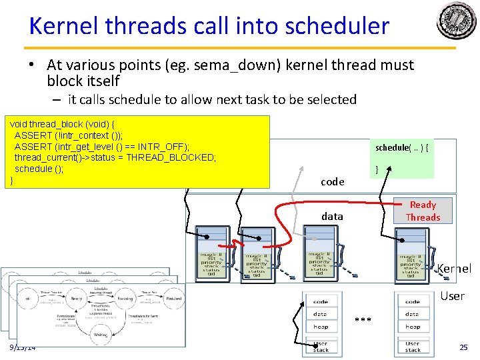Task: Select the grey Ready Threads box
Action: tap(423, 211)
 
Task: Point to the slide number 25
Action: tap(463, 347)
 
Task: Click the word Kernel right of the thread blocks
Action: tap(454, 269)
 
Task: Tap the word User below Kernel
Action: tap(452, 296)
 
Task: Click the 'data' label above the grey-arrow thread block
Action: tap(332, 216)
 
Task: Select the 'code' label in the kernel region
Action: tap(332, 181)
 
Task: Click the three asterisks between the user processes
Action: tap(363, 321)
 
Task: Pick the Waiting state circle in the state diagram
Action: tap(101, 335)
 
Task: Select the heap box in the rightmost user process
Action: tap(413, 327)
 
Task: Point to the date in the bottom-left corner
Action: tap(23, 347)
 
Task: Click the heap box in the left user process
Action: tap(321, 327)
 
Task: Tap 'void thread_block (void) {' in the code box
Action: tap(62, 124)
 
